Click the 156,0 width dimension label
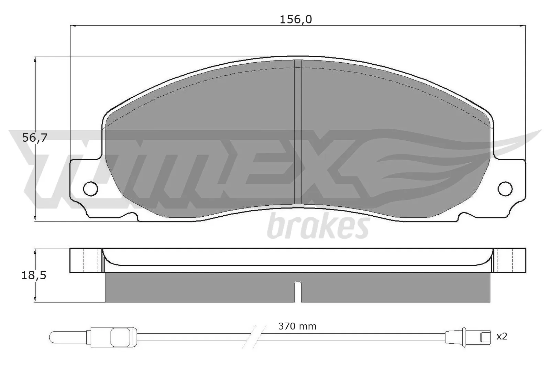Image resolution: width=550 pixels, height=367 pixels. pyautogui.click(x=296, y=20)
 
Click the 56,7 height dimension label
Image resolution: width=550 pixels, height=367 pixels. pyautogui.click(x=34, y=138)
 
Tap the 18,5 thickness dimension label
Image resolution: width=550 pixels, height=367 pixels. pyautogui.click(x=34, y=276)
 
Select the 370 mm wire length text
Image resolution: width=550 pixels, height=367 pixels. pyautogui.click(x=297, y=326)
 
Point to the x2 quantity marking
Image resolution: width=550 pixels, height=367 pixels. pyautogui.click(x=502, y=336)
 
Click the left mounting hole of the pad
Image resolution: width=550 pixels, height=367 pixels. pyautogui.click(x=91, y=188)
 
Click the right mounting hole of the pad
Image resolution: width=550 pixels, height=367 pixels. pyautogui.click(x=505, y=188)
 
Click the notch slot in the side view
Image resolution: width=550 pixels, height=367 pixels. pyautogui.click(x=298, y=291)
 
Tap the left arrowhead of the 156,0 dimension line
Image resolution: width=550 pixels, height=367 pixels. pyautogui.click(x=73, y=25)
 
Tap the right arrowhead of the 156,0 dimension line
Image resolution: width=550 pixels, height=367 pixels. pyautogui.click(x=523, y=25)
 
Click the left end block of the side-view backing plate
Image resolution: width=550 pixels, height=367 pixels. pyautogui.click(x=86, y=260)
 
